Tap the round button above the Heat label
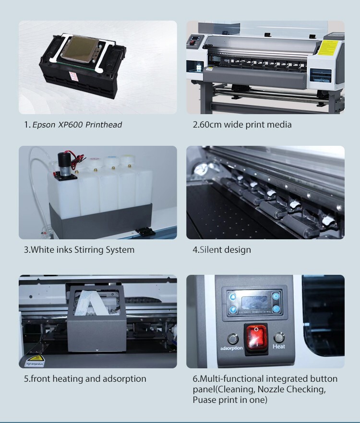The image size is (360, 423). (x=279, y=338)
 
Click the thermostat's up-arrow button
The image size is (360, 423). (x=276, y=296)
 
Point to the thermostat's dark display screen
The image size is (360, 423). (x=254, y=304)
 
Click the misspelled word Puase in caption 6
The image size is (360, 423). (x=204, y=400)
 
